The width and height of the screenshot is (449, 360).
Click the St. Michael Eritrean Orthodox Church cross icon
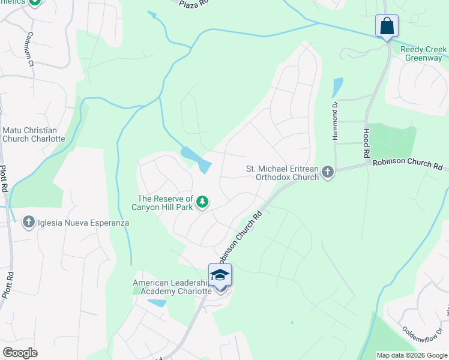pos(328,173)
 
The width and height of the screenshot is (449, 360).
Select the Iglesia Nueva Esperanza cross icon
pos(28,223)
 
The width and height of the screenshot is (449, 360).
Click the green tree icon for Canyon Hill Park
pos(203,202)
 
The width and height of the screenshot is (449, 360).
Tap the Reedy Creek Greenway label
pos(423,53)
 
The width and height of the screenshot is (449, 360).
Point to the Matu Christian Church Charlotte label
pos(34,134)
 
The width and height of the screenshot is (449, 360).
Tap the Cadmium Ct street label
pos(31,47)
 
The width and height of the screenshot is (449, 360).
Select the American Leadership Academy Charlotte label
pos(172,287)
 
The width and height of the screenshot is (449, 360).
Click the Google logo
pos(20,352)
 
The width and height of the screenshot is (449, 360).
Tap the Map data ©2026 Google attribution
pos(411,355)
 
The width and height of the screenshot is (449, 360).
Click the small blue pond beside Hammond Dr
pos(337,87)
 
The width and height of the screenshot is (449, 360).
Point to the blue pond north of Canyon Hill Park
pos(196,159)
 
